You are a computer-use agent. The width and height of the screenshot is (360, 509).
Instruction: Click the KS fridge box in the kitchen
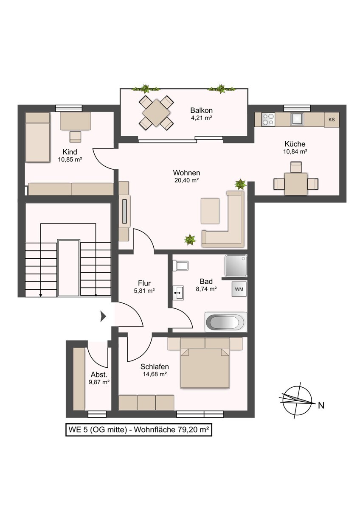(331, 120)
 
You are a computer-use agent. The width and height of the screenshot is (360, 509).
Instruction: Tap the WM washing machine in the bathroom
(239, 289)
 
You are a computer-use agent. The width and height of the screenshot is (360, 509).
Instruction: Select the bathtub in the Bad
(225, 322)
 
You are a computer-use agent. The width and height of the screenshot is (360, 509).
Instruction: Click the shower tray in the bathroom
(236, 266)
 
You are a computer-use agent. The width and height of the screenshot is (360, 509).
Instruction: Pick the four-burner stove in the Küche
(268, 119)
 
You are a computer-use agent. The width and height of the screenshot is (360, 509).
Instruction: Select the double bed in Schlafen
(205, 367)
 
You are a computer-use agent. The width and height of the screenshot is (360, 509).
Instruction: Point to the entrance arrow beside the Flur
(103, 316)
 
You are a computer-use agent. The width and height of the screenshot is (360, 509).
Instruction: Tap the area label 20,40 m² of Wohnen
(186, 180)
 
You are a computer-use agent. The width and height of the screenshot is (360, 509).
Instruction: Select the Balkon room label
(201, 110)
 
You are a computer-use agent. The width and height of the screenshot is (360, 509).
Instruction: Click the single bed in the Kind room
(37, 137)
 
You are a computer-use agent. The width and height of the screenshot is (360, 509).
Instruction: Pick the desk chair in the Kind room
(76, 137)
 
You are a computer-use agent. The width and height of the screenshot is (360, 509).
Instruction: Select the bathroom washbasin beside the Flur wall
(178, 292)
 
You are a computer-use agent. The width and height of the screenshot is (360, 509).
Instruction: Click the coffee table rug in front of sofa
(210, 211)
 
